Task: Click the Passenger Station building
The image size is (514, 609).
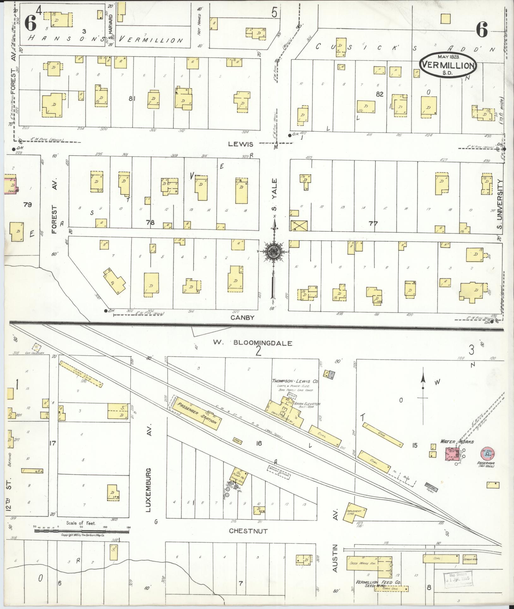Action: (197, 413)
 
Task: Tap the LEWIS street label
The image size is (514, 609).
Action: (241, 144)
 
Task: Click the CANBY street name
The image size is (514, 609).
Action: (242, 317)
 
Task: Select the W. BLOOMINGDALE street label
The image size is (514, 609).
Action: (252, 343)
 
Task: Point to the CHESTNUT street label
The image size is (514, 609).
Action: (248, 531)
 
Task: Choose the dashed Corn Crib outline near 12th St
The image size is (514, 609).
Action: (81, 374)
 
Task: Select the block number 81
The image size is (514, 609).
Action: (132, 99)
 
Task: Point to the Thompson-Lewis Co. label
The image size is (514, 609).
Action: (295, 382)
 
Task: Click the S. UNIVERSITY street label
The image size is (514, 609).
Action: (499, 204)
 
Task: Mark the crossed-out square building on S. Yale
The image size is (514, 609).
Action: (299, 225)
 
